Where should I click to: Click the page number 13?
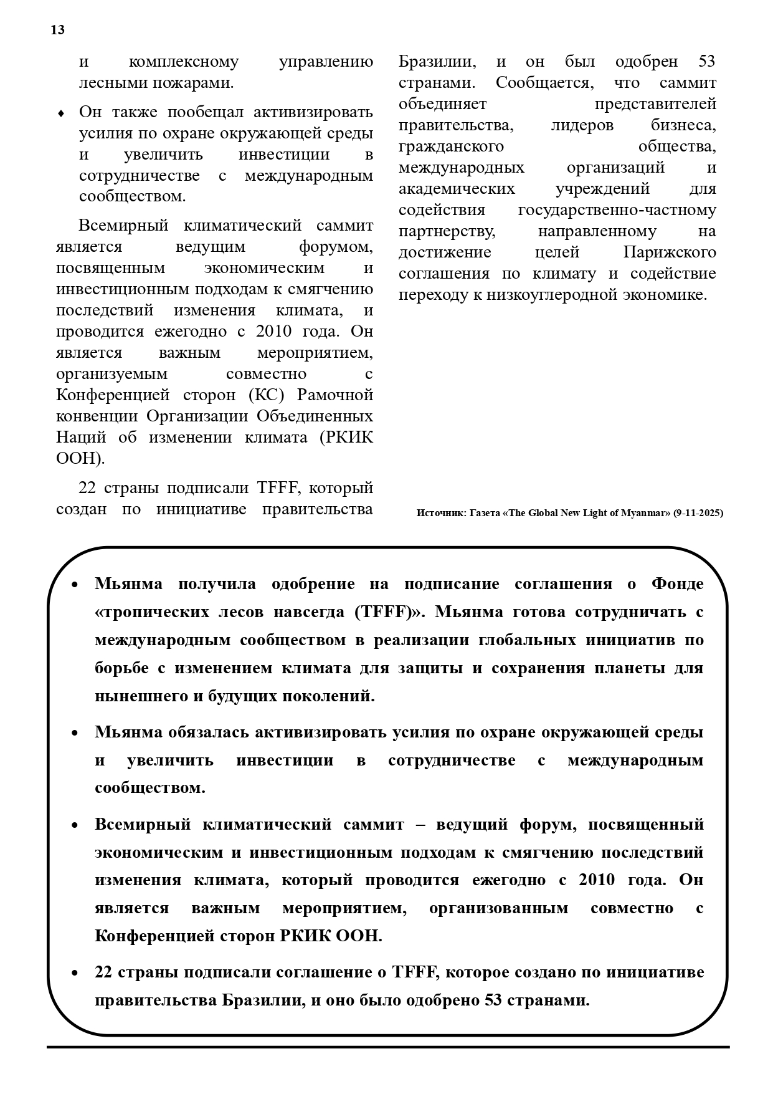(x=57, y=30)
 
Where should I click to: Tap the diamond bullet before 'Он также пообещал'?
(x=60, y=113)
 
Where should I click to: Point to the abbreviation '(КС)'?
(x=268, y=395)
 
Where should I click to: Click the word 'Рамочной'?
(x=334, y=395)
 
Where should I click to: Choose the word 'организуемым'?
(x=111, y=374)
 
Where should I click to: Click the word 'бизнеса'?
(x=683, y=125)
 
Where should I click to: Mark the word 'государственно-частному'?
(x=617, y=210)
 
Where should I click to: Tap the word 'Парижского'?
(x=669, y=252)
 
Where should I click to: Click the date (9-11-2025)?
(x=698, y=513)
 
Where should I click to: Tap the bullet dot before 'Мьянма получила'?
(x=75, y=585)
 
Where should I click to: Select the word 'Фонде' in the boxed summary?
(x=677, y=584)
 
